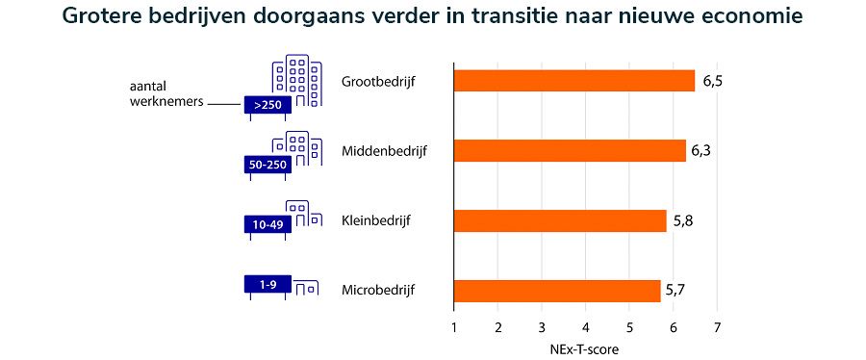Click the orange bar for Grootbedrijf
click(573, 81)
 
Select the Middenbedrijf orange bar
click(570, 151)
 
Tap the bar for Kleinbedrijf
click(560, 220)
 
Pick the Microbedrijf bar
click(557, 291)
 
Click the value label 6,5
click(713, 82)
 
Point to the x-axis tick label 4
click(585, 328)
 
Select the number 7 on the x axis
click(717, 328)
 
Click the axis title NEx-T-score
click(585, 349)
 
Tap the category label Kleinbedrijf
click(376, 221)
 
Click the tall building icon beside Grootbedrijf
click(296, 81)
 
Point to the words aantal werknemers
click(163, 94)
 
